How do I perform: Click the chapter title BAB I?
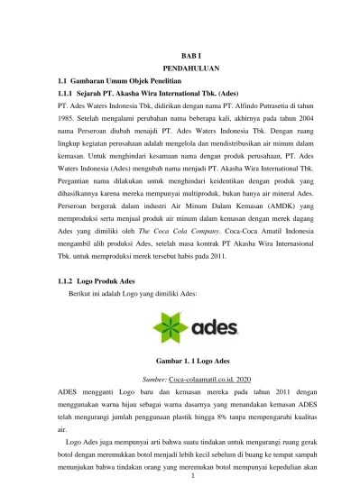pyautogui.click(x=181, y=55)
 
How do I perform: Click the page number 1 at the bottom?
pyautogui.click(x=181, y=487)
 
